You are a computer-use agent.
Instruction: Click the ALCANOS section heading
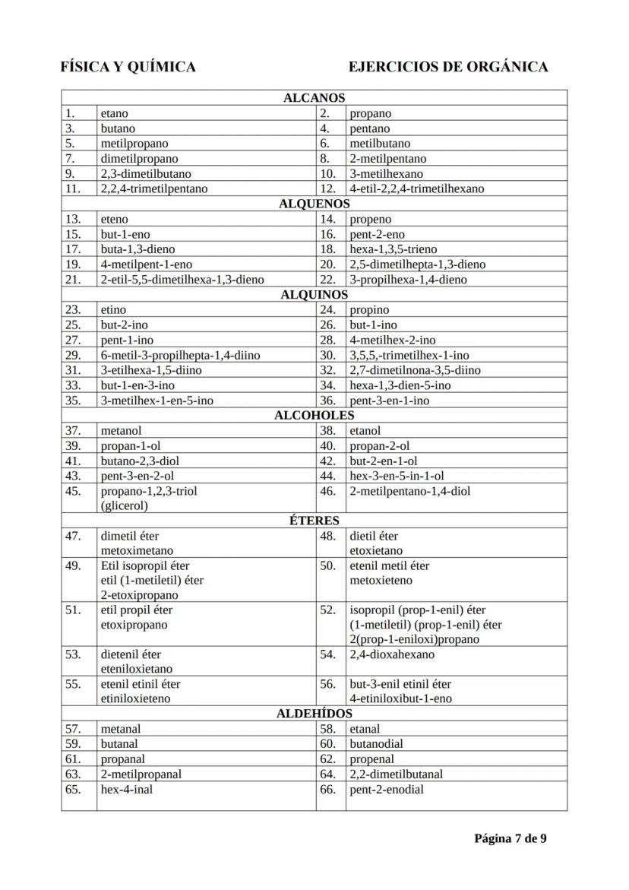click(x=314, y=98)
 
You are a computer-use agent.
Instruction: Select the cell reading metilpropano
click(x=134, y=144)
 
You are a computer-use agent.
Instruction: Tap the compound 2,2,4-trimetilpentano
click(x=154, y=188)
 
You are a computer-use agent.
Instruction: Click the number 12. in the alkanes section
click(x=327, y=188)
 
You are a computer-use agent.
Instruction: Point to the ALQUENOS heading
click(x=314, y=204)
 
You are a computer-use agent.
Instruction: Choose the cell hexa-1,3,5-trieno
click(x=393, y=249)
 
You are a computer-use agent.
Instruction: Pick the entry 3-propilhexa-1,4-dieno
click(x=408, y=280)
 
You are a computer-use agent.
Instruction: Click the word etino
click(x=113, y=310)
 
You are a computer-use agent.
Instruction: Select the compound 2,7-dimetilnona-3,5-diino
click(x=415, y=370)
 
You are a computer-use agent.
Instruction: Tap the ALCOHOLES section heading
click(x=314, y=415)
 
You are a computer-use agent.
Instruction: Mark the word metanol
click(x=121, y=431)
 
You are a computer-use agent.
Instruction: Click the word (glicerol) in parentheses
click(x=124, y=505)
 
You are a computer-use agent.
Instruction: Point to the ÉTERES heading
click(x=314, y=521)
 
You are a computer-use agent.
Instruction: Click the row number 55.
click(x=73, y=684)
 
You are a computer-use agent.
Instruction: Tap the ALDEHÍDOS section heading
click(x=314, y=714)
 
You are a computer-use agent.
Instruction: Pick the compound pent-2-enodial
click(x=387, y=790)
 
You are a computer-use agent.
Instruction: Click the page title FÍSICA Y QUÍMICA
click(x=128, y=67)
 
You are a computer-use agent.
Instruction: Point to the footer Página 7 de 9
click(x=510, y=839)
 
